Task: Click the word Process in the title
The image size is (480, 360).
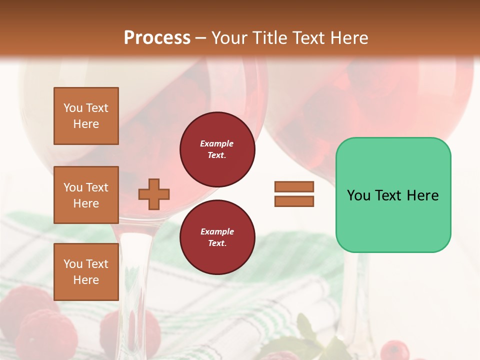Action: click(157, 38)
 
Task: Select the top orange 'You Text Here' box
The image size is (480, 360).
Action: click(86, 116)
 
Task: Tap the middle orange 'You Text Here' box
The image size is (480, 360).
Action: click(86, 195)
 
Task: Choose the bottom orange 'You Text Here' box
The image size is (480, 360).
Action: click(86, 272)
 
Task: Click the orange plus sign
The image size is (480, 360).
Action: click(154, 194)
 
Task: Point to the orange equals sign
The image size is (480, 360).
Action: click(294, 194)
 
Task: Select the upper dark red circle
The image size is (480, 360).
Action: click(217, 149)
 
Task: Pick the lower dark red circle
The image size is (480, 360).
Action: click(217, 237)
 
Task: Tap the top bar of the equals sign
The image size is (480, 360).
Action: click(294, 187)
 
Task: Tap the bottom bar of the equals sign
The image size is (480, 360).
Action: click(294, 201)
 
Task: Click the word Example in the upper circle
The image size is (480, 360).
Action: click(216, 143)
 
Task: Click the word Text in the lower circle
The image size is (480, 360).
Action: click(216, 243)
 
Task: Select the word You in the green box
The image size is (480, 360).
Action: click(359, 195)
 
